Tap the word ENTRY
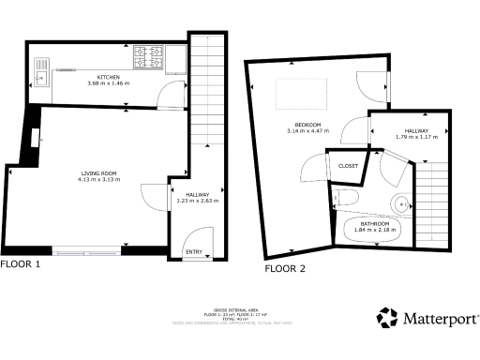coord(194,251)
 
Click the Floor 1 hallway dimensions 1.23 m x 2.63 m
coord(197,200)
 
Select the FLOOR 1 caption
coord(21,264)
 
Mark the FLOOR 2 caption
coord(285,269)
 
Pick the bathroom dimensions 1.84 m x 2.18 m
coord(376,228)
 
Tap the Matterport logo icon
coord(387,318)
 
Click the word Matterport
coord(440,319)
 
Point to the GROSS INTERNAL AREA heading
coord(239,307)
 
